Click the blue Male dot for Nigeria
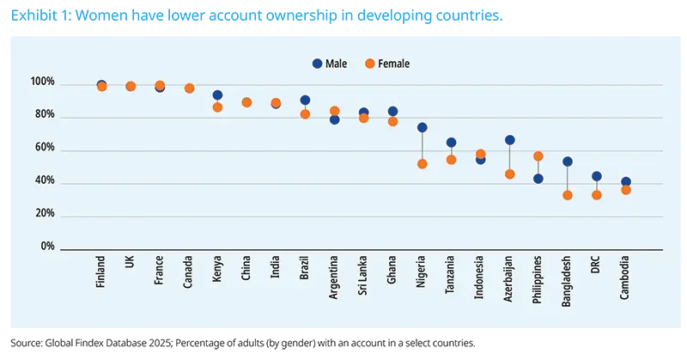coord(422,127)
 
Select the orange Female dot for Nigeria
coord(422,163)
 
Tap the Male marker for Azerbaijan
coord(509,140)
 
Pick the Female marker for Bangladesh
coord(568,195)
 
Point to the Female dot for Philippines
coord(538,156)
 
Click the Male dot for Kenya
coord(217,95)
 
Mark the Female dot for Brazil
coord(305,113)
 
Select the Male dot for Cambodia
coord(626,182)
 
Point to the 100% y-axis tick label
coord(42,83)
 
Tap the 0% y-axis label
coord(46,247)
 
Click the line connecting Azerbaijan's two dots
coord(509,157)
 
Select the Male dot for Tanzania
coord(451,143)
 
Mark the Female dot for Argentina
coord(334,111)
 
